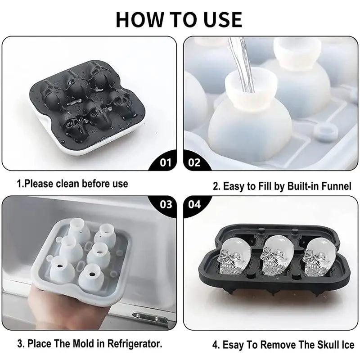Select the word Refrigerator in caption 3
coord(135,343)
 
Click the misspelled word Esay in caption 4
coord(233,345)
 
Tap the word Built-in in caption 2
coord(301,186)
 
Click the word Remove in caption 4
coord(278,345)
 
